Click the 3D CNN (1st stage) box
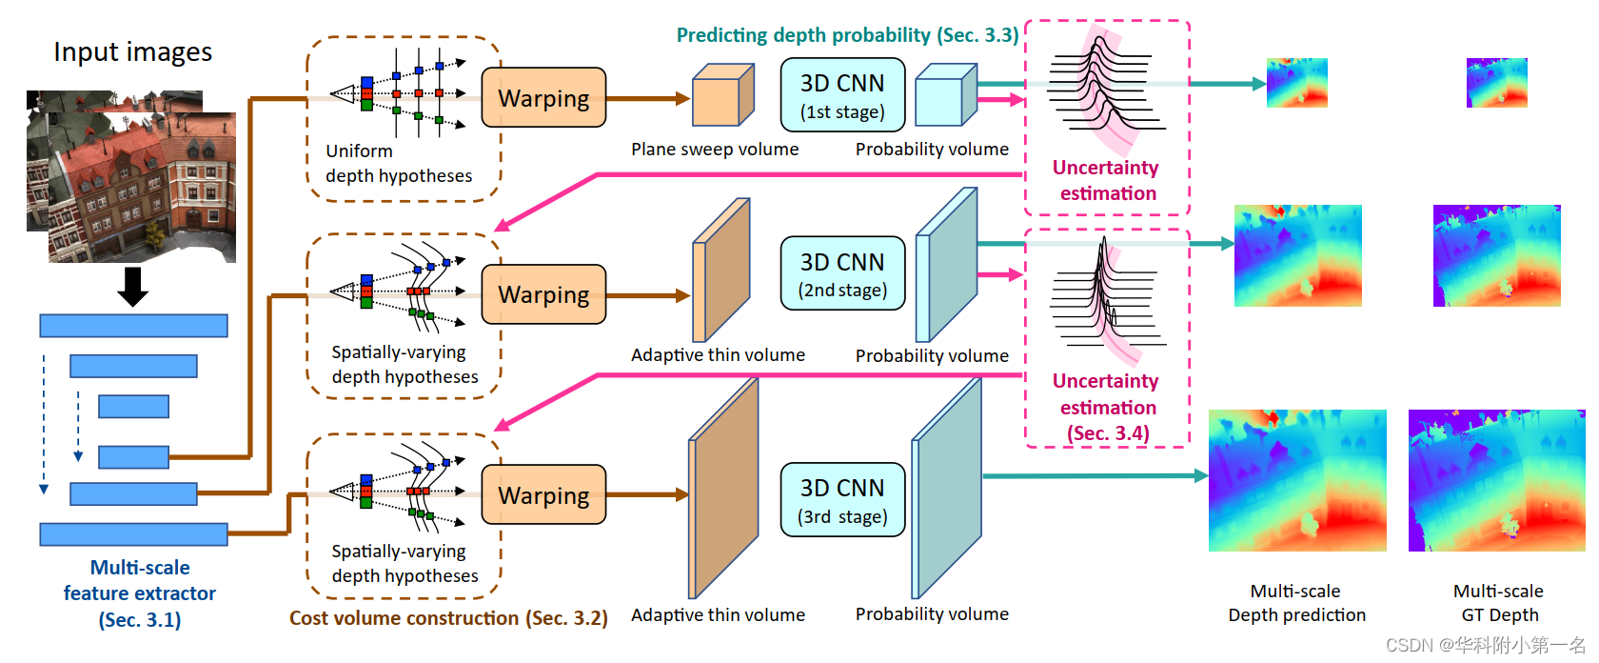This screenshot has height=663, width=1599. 842,94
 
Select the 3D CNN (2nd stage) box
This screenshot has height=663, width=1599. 842,273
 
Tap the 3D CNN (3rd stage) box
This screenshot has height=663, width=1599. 842,500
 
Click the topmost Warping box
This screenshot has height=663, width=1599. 543,97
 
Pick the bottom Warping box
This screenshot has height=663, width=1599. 543,494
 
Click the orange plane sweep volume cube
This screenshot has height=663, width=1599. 721,96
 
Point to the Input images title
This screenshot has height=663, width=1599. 132,51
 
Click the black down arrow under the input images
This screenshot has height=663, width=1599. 132,286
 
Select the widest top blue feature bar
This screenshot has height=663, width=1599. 133,326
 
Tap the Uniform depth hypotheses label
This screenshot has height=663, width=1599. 398,163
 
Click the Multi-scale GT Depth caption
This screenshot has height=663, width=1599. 1498,602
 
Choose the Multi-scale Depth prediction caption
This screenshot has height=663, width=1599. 1296,602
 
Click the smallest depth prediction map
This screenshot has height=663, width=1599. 1296,83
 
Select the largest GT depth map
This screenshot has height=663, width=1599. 1496,480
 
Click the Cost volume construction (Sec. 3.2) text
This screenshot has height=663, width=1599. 448,617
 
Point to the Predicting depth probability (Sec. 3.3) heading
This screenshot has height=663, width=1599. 847,35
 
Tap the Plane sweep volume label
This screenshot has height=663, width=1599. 715,149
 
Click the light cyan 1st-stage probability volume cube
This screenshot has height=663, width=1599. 945,96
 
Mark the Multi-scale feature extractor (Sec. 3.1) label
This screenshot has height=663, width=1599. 140,593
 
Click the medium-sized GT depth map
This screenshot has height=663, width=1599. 1496,255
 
